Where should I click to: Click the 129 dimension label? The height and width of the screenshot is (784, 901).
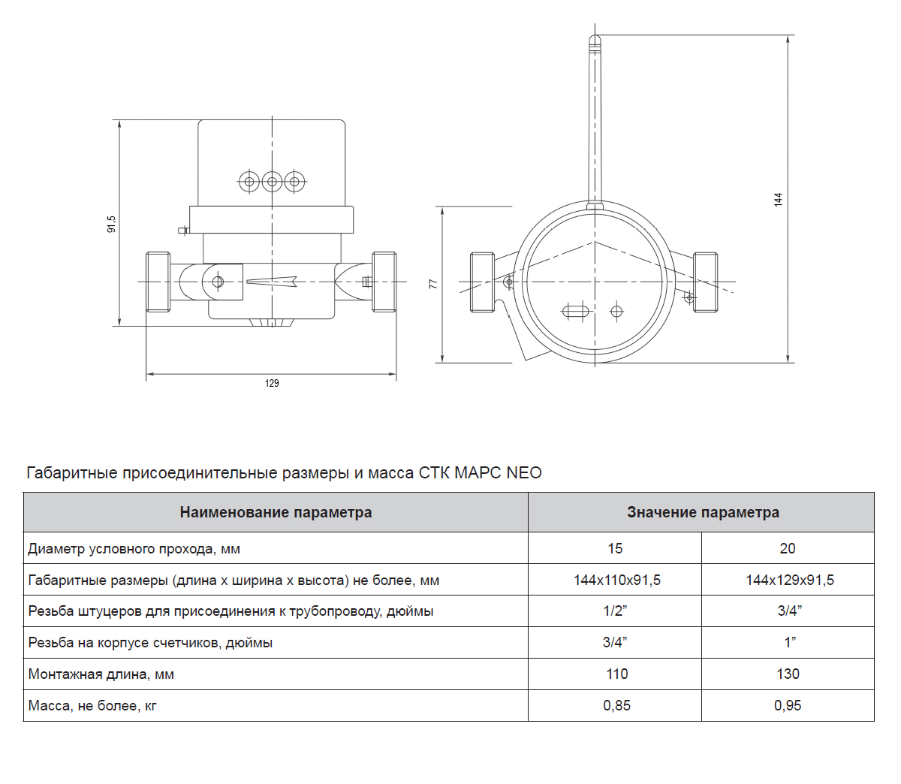(x=272, y=383)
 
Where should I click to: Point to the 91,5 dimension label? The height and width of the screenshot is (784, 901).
(x=112, y=224)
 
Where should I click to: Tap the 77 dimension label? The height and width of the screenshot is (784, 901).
(x=433, y=284)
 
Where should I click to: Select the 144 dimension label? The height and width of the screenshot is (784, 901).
(x=778, y=200)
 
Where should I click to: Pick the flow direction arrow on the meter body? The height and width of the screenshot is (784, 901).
(x=272, y=282)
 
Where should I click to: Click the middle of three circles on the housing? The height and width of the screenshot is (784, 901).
(x=272, y=182)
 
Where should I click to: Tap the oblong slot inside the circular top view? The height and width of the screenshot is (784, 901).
(x=576, y=312)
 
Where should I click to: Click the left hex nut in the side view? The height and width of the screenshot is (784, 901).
(x=158, y=282)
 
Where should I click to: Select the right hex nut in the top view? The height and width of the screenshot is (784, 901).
(x=706, y=282)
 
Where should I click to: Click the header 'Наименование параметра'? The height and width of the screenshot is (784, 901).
(x=276, y=512)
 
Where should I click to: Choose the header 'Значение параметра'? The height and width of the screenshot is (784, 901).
(x=703, y=512)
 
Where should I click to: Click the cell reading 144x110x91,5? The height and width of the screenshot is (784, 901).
(x=616, y=580)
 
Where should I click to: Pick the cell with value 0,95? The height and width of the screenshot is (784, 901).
(x=788, y=705)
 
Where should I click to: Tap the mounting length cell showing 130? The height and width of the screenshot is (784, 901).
(x=788, y=674)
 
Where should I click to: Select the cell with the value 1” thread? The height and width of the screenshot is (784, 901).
(x=790, y=642)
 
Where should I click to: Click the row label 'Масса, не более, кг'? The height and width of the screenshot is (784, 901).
(x=92, y=706)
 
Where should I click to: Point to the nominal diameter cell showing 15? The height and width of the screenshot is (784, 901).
(x=615, y=548)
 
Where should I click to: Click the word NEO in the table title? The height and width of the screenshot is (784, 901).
(x=523, y=472)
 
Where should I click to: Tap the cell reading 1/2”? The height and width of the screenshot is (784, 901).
(x=615, y=611)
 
